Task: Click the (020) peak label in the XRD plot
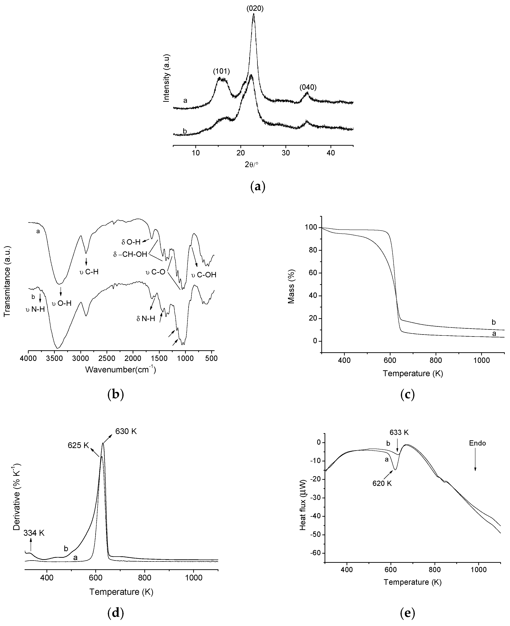(x=255, y=8)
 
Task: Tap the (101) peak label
(x=221, y=71)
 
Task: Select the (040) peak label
(x=308, y=87)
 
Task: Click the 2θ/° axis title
(x=251, y=165)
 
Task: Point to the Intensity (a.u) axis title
(x=167, y=78)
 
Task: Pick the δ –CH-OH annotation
(x=130, y=254)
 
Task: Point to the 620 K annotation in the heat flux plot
(x=382, y=483)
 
